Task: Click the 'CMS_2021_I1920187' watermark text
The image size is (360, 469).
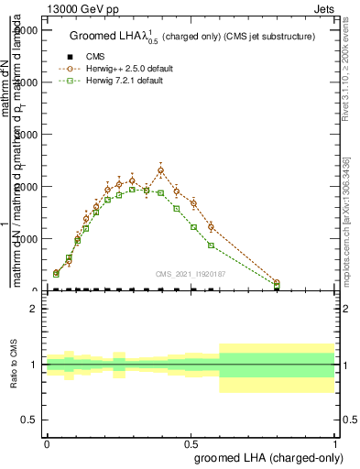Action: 191,274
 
